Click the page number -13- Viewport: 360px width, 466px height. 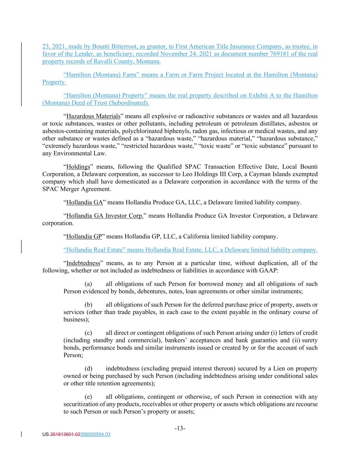(x=180, y=428)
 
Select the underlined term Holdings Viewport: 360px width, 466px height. (x=78, y=167)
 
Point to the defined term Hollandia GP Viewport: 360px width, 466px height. (x=84, y=236)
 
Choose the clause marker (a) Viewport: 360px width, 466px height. (x=88, y=284)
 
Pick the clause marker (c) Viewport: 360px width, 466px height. (x=88, y=333)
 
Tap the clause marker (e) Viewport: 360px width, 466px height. (x=88, y=397)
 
